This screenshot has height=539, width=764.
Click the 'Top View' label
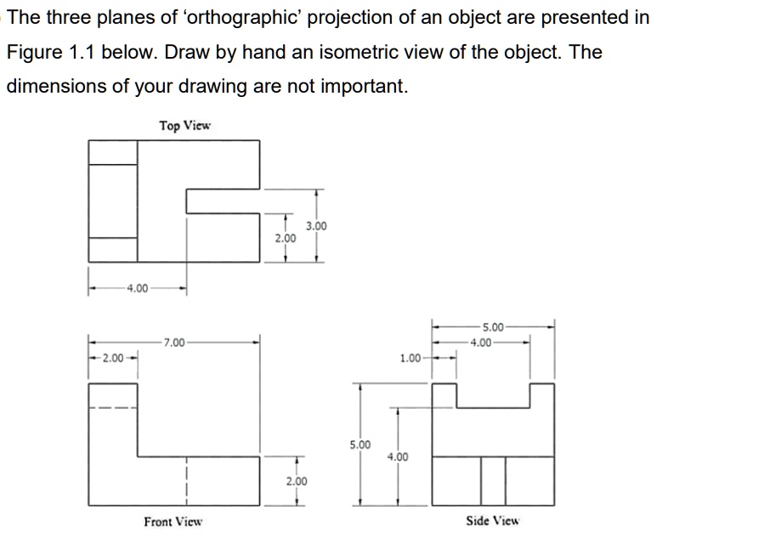pos(184,126)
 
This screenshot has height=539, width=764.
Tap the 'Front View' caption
pos(173,521)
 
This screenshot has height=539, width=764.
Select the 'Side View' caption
pos(492,520)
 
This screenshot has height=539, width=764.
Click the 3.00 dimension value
pos(316,226)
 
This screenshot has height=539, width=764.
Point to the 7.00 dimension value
pos(174,343)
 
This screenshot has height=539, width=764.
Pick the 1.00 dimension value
pos(411,358)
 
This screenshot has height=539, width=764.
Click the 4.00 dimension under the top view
pos(136,288)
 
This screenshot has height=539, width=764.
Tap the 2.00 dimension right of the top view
pos(286,239)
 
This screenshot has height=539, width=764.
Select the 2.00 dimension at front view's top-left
pos(112,357)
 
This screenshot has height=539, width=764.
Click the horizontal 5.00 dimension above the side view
pos(493,326)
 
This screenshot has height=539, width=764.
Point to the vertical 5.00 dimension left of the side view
pos(360,445)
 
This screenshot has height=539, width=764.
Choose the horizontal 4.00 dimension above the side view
pos(481,343)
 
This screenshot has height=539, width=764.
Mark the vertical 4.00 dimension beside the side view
pos(397,457)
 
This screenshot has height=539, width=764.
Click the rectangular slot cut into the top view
pos(223,200)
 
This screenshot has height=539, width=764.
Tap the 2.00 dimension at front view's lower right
pos(296,481)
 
